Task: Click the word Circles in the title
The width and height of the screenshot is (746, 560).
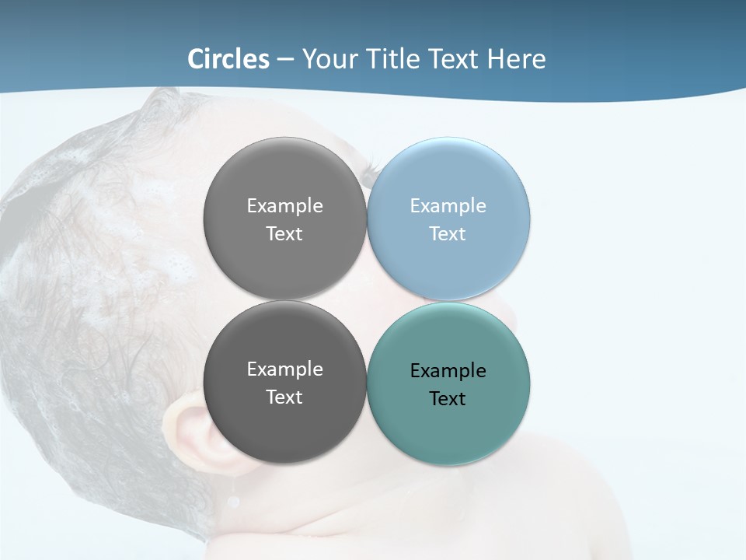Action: pyautogui.click(x=228, y=59)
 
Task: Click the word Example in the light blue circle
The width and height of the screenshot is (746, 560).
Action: pyautogui.click(x=448, y=206)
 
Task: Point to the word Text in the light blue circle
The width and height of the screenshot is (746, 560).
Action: pyautogui.click(x=448, y=234)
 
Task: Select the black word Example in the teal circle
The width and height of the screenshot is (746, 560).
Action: pyautogui.click(x=448, y=371)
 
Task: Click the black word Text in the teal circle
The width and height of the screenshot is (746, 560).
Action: pyautogui.click(x=448, y=399)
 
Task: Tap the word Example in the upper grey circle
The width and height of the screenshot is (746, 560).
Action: pyautogui.click(x=285, y=206)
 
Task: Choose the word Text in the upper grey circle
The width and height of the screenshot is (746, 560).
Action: pyautogui.click(x=284, y=234)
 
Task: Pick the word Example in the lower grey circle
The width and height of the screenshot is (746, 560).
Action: pyautogui.click(x=285, y=369)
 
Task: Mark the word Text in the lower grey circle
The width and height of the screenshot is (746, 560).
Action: pyautogui.click(x=284, y=397)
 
